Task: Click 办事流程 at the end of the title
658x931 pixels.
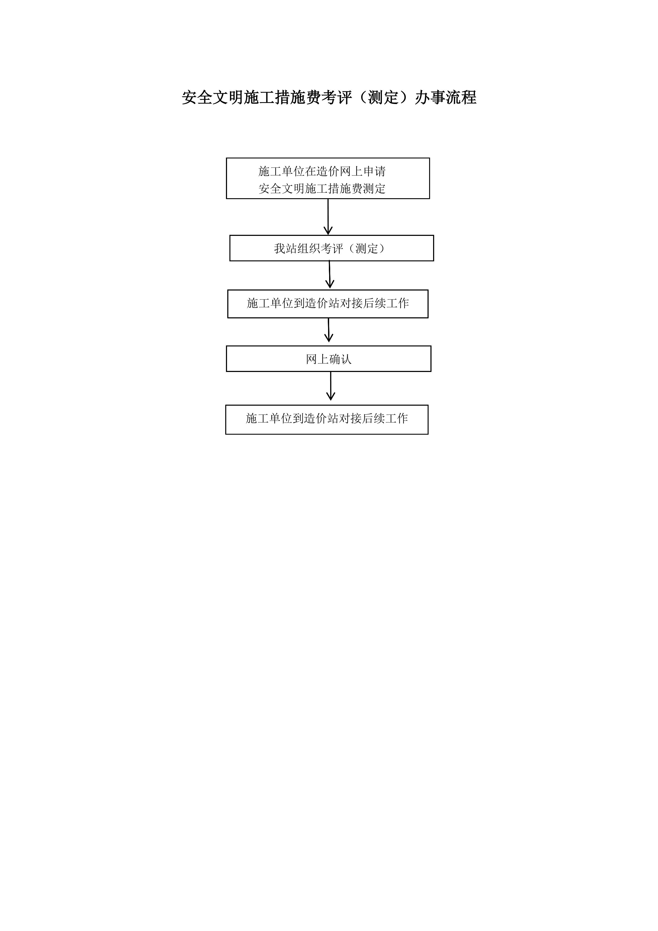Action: (446, 98)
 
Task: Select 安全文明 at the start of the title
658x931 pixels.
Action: (212, 98)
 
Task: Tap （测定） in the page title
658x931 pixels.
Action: (384, 98)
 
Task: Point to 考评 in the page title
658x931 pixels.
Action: (337, 98)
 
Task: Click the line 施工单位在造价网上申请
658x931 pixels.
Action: (322, 171)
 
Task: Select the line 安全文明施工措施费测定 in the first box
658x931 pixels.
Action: (322, 189)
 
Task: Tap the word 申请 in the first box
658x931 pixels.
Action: (374, 171)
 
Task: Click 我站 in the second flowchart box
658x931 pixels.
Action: (285, 249)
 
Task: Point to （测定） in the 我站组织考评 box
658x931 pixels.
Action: (367, 249)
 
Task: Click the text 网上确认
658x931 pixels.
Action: (329, 359)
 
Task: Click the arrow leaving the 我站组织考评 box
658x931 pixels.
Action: (330, 275)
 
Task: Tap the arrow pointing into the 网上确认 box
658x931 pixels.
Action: (329, 330)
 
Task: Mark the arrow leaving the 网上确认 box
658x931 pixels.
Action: (331, 386)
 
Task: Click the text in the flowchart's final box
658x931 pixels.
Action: (327, 418)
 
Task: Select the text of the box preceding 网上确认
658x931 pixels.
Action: (328, 303)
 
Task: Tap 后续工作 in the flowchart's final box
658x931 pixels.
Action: (385, 418)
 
